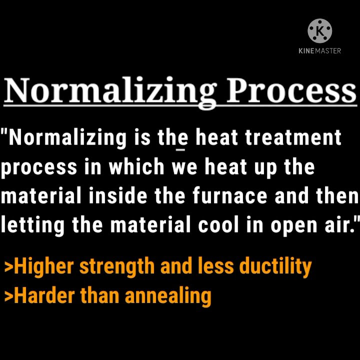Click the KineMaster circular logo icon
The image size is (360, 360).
click(319, 31)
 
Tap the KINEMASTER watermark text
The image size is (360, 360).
click(319, 50)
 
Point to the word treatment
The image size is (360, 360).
click(293, 137)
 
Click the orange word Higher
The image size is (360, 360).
click(44, 266)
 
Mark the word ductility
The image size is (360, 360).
click(275, 266)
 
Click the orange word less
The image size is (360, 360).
click(216, 266)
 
